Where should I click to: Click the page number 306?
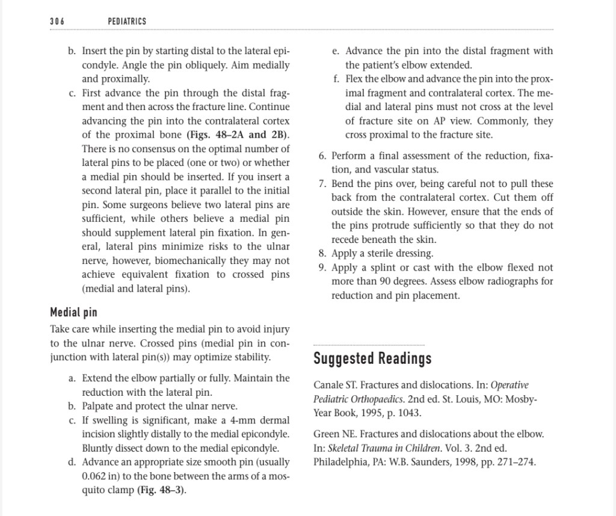point(57,22)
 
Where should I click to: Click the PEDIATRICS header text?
point(127,22)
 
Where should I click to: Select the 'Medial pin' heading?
point(73,313)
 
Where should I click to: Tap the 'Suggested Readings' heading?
point(372,359)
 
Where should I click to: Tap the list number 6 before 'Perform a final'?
point(322,156)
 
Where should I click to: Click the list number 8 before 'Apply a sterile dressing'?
point(322,254)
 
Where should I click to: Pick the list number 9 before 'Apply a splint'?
point(322,268)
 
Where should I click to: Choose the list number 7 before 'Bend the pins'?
point(322,183)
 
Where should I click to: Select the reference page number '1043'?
point(409,413)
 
